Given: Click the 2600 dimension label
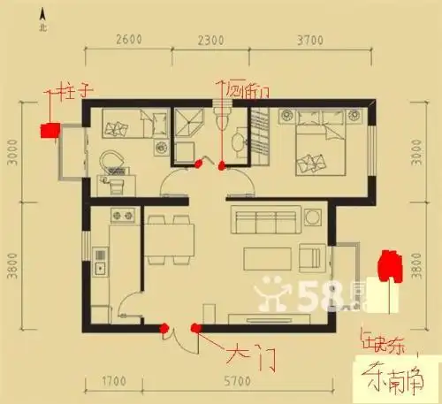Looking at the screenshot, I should point(129,41).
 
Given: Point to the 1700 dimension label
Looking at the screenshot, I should point(112,384).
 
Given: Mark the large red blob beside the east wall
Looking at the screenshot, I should point(386,265).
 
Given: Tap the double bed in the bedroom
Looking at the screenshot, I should point(317,141).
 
